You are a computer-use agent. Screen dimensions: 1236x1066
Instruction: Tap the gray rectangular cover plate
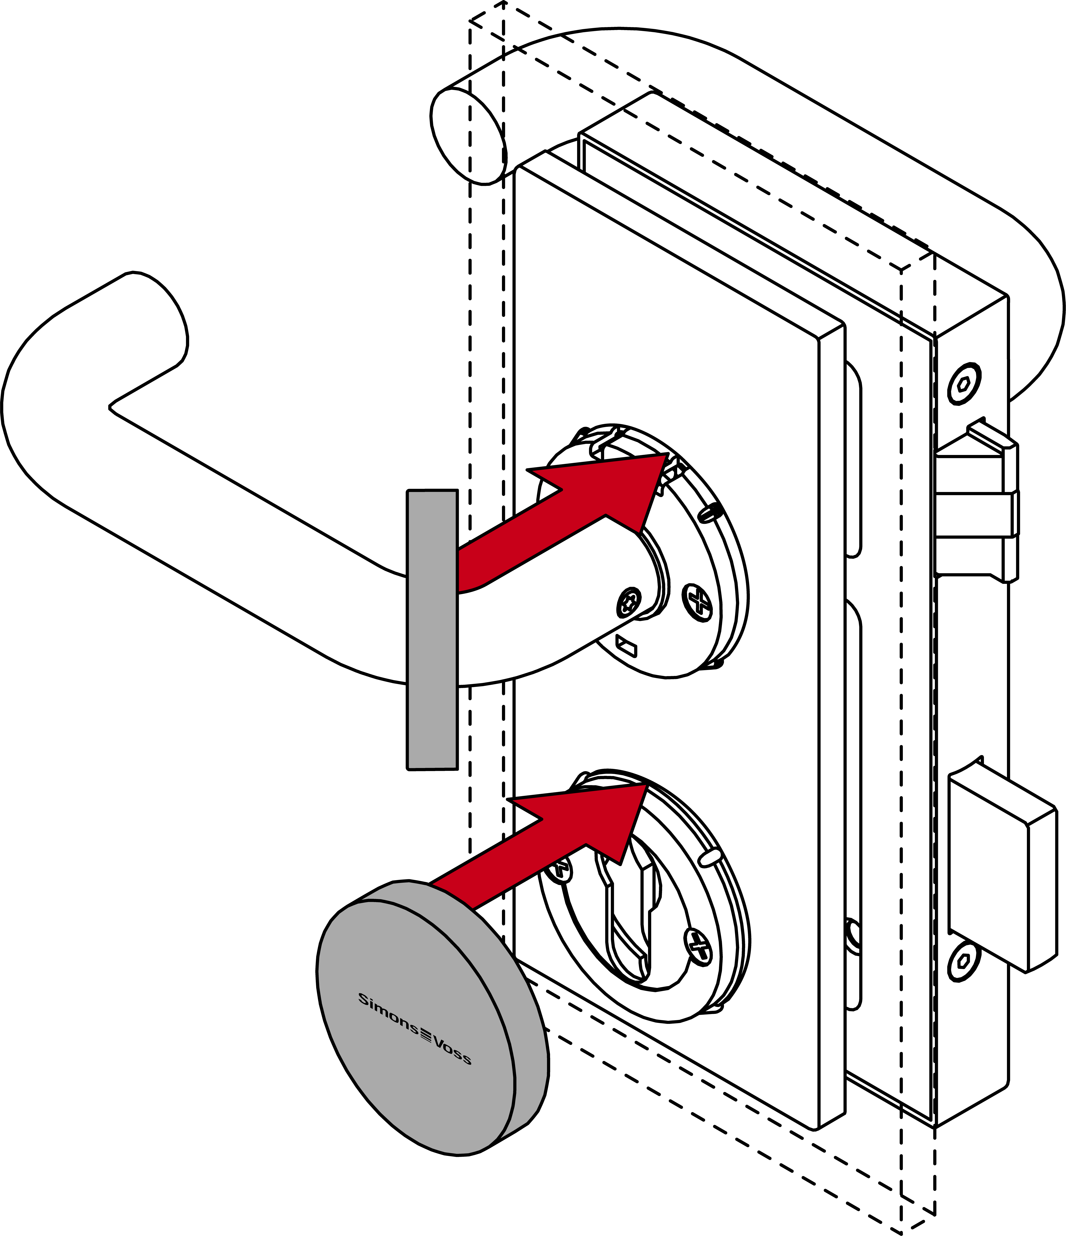click(432, 629)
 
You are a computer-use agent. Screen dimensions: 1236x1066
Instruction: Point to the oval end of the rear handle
click(468, 137)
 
